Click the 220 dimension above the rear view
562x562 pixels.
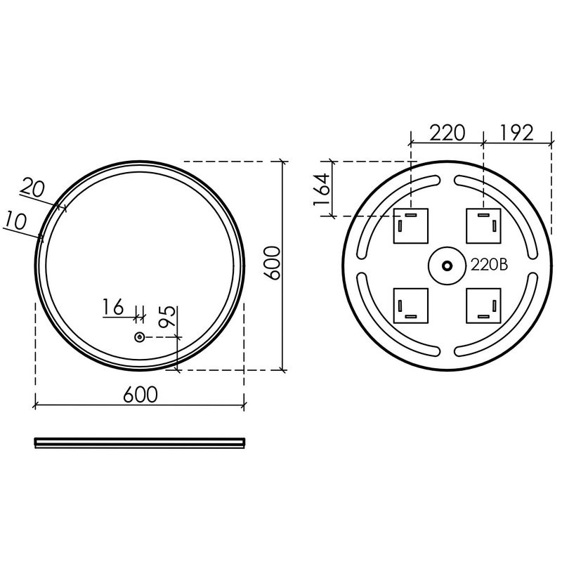(x=447, y=133)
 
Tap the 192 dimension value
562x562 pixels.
(x=516, y=133)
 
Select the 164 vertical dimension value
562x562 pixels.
(x=322, y=189)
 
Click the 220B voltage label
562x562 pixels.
(x=489, y=266)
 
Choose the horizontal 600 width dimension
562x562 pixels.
(x=140, y=395)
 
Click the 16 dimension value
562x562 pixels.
(x=113, y=307)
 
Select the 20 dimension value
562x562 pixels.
(x=32, y=188)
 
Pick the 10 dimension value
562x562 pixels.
(x=15, y=221)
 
